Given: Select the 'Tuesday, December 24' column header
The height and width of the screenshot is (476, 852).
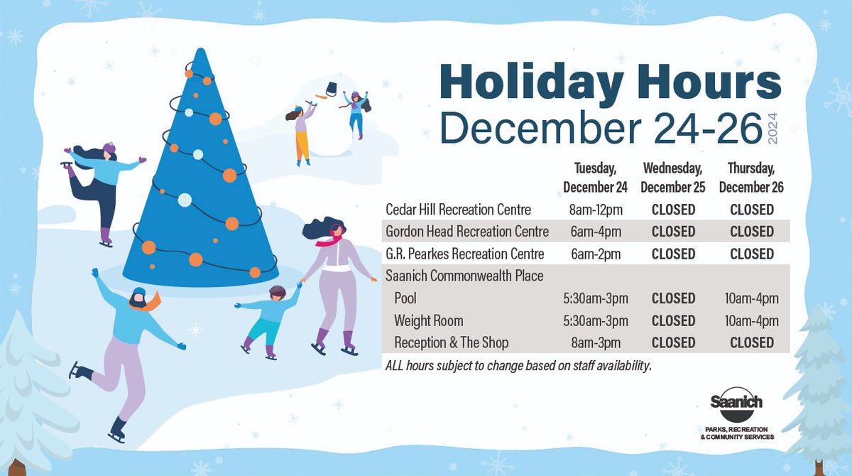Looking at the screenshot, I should tap(595, 178).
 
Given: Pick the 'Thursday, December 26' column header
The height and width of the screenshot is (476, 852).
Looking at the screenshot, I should tap(751, 178).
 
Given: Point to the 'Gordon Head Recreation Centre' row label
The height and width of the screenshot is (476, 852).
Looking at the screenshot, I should tap(466, 232).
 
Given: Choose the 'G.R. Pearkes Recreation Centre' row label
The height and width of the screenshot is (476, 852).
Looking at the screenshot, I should tap(464, 254).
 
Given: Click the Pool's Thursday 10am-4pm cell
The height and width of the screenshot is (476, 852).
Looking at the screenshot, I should tap(751, 298).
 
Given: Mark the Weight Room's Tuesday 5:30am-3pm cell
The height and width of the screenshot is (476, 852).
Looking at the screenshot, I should tap(595, 320).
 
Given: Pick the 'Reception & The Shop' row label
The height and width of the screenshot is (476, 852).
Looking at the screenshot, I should tap(452, 342).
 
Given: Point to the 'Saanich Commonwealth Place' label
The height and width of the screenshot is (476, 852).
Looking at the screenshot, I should tap(464, 276).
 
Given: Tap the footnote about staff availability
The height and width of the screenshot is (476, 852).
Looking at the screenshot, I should tap(518, 366).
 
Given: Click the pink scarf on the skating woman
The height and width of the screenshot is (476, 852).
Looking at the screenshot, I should tap(327, 242).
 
